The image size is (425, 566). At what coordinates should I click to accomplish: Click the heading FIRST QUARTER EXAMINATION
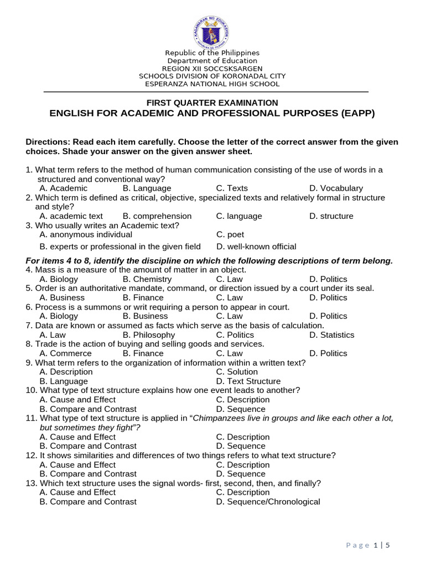click(x=212, y=103)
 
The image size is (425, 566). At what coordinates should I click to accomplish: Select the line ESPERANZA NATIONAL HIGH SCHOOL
click(x=212, y=84)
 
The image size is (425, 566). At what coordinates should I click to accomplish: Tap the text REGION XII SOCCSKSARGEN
click(x=212, y=69)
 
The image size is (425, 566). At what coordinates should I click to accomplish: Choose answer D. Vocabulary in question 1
click(x=336, y=188)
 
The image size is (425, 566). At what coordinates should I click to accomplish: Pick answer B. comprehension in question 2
click(x=157, y=216)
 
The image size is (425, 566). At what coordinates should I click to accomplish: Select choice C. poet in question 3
click(x=230, y=234)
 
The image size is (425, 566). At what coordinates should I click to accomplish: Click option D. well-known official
click(x=256, y=247)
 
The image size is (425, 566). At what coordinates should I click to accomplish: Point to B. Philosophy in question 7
click(x=149, y=334)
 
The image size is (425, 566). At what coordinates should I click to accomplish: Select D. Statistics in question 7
click(x=332, y=334)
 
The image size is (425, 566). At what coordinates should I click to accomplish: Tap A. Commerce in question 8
click(x=66, y=353)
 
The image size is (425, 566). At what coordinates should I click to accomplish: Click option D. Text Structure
click(x=248, y=381)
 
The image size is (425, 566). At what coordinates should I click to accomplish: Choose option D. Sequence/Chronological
click(x=268, y=501)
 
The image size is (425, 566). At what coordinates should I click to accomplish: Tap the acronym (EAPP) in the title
click(x=355, y=113)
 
